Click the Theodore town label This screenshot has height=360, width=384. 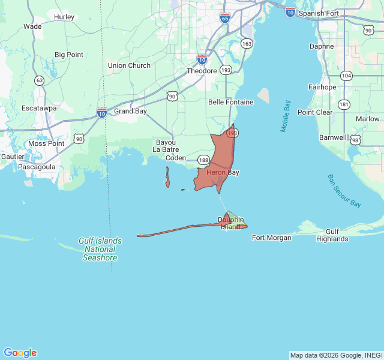[202, 71]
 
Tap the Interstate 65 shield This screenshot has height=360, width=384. [224, 18]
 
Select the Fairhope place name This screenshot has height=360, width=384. [322, 87]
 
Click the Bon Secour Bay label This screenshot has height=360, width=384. [344, 191]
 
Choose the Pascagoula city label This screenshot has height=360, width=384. [37, 166]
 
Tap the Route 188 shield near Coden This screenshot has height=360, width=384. [204, 160]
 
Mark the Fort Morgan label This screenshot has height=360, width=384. [271, 238]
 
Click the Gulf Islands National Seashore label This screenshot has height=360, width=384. [100, 249]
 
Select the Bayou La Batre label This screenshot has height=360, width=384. [166, 146]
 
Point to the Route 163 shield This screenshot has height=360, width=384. [247, 44]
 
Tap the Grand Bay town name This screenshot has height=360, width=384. [130, 112]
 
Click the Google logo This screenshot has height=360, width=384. [20, 353]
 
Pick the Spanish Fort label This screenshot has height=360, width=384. [319, 13]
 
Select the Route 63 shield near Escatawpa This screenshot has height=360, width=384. [40, 80]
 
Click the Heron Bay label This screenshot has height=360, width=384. [223, 173]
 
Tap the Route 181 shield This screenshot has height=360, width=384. [344, 104]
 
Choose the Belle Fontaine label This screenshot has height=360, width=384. [230, 102]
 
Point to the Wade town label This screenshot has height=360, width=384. [32, 26]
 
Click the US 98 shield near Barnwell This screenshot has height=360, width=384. [356, 140]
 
